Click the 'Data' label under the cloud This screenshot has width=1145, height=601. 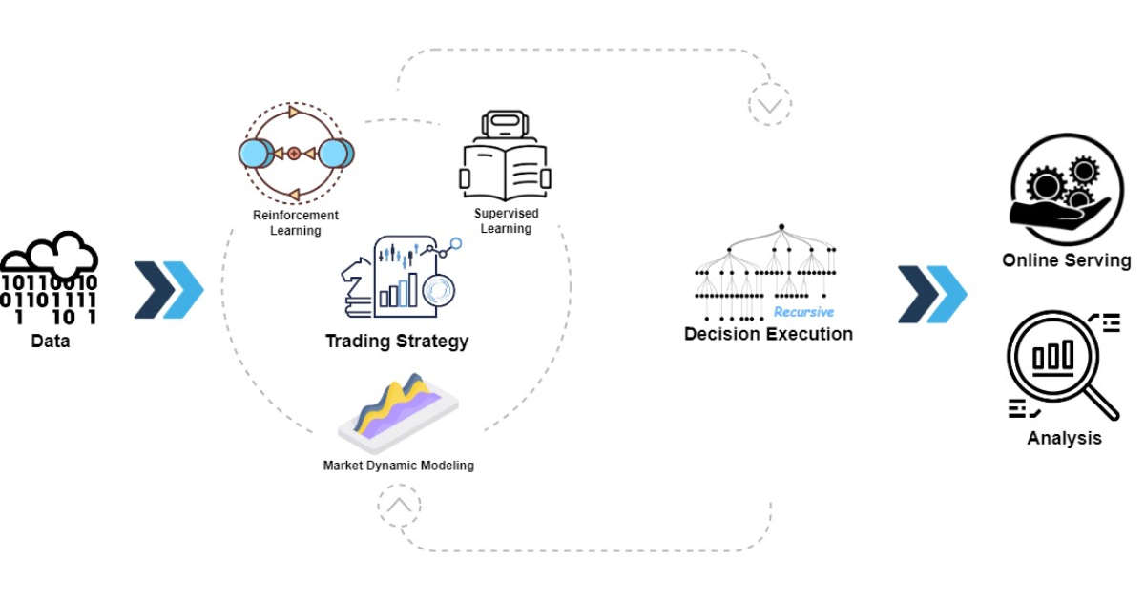pyautogui.click(x=50, y=341)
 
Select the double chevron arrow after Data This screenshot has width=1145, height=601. pyautogui.click(x=169, y=288)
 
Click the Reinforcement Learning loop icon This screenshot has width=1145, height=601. pyautogui.click(x=295, y=153)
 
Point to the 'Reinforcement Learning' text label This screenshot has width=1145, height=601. pyautogui.click(x=295, y=223)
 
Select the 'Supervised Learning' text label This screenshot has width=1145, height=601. pyautogui.click(x=506, y=221)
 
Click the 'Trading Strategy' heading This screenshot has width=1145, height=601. pyautogui.click(x=397, y=342)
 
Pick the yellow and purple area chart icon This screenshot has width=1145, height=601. pyautogui.click(x=398, y=406)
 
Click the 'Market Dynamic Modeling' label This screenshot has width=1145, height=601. pyautogui.click(x=398, y=466)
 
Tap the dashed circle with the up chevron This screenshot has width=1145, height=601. pyautogui.click(x=399, y=506)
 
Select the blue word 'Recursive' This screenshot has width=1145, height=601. pyautogui.click(x=803, y=312)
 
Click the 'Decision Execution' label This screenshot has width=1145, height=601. pyautogui.click(x=768, y=334)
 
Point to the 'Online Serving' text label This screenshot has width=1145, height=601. pyautogui.click(x=1066, y=260)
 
